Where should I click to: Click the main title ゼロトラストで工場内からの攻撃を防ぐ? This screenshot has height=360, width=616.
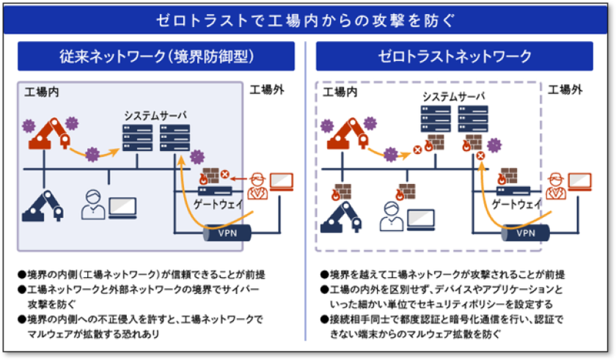pos(307,20)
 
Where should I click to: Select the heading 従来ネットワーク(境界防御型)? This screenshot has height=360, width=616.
pos(161,56)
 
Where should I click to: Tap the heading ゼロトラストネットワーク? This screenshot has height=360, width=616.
pos(454,56)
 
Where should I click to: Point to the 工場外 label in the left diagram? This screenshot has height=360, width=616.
pos(268,90)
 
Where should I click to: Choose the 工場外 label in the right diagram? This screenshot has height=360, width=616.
pos(565,90)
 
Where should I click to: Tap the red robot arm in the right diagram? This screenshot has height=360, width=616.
pos(351,135)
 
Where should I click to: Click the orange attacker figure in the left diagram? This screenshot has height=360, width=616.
pos(257,187)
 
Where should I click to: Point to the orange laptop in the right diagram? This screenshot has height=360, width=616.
pos(580,180)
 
